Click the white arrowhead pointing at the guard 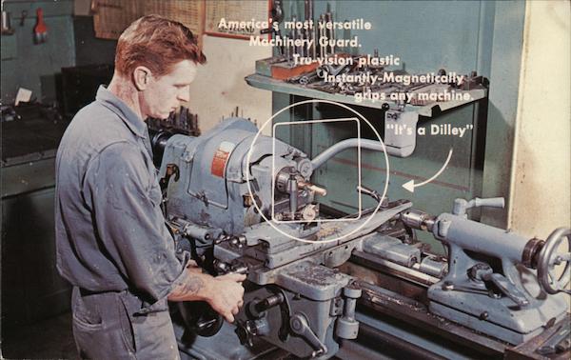pos(408,187)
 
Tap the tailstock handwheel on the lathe pos(554,260)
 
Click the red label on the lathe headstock pos(220,159)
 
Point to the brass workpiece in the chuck pos(313,188)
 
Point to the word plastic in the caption pos(379,60)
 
